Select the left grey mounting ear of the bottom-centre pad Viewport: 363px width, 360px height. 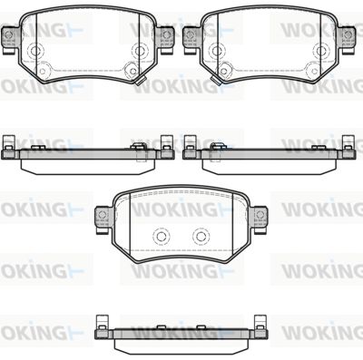pos(103,219)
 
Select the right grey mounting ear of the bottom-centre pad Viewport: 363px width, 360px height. pos(260,219)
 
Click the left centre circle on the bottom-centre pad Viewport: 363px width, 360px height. pos(161,237)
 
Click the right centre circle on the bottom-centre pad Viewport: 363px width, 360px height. pos(201,237)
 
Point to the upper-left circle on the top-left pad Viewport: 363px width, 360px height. pos(35,51)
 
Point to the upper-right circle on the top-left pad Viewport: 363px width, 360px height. pos(140,51)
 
